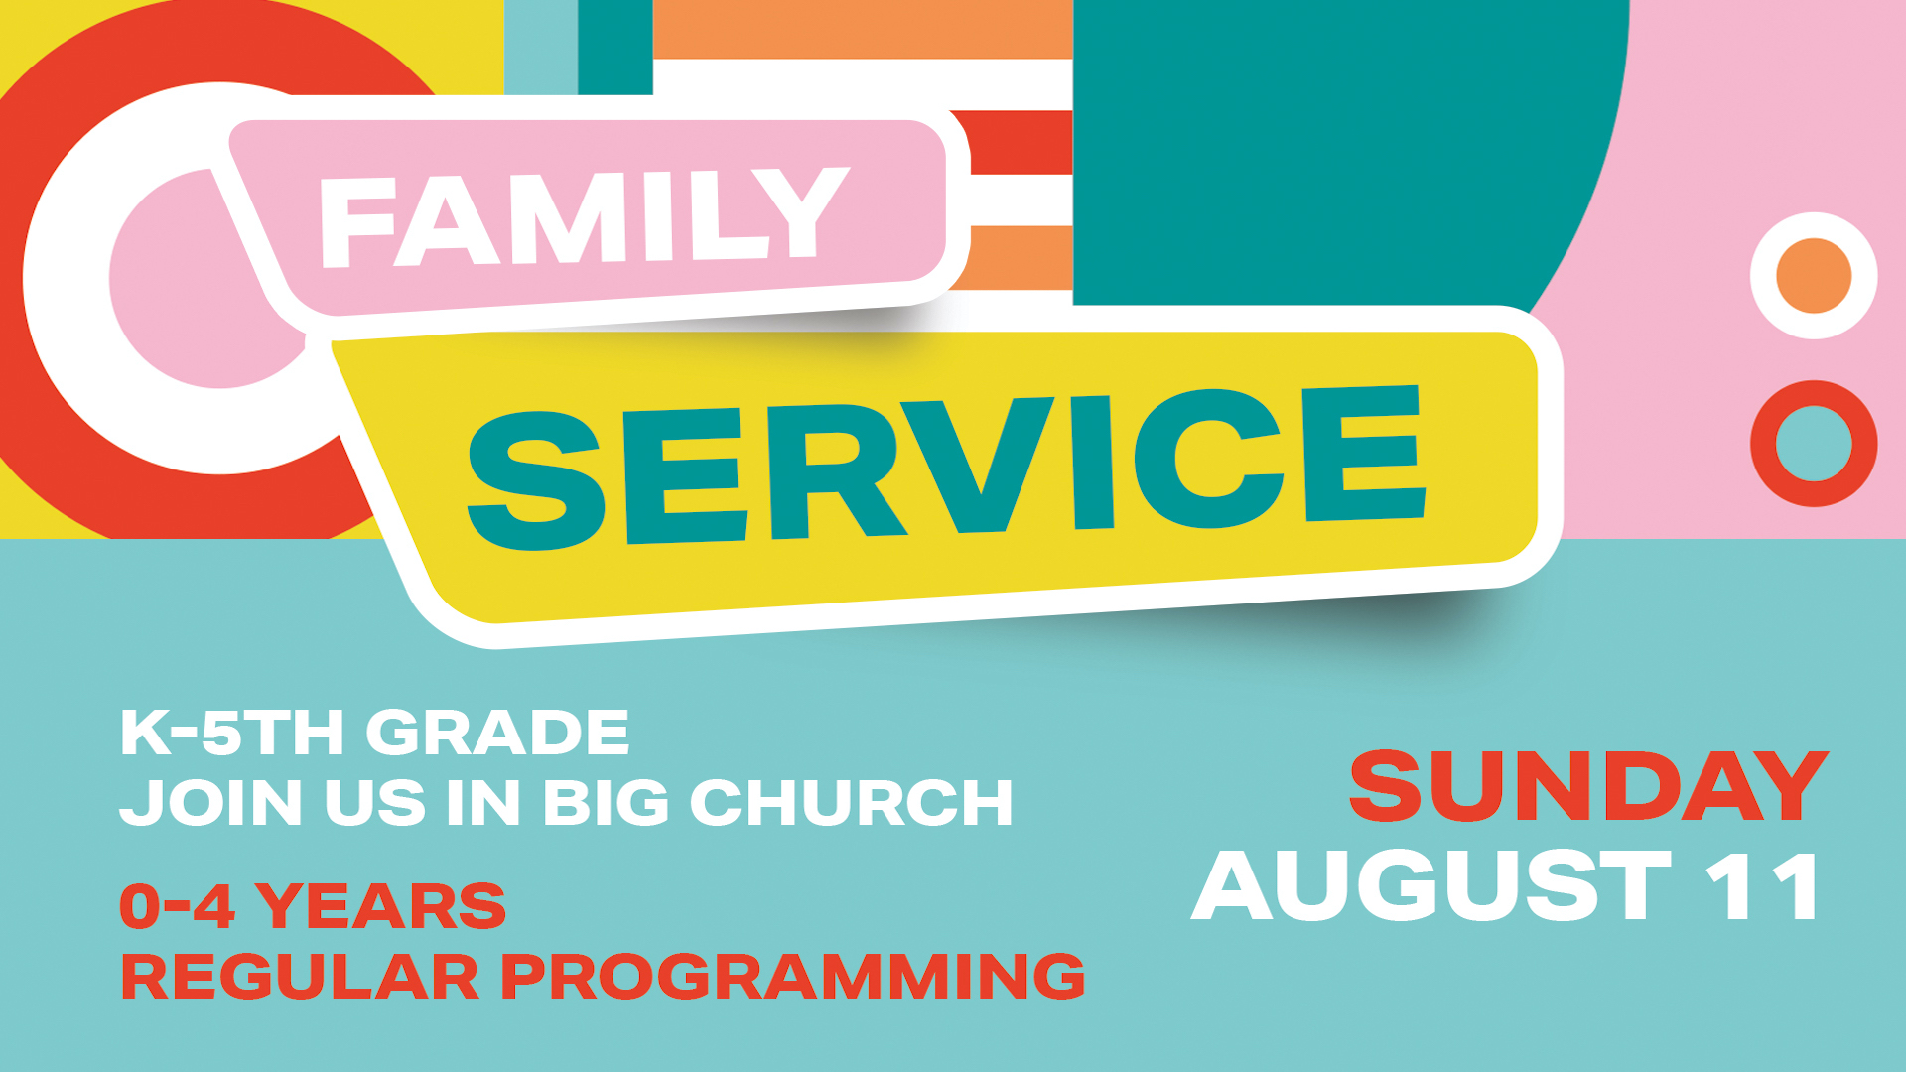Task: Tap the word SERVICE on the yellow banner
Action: point(946,467)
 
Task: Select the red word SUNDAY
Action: point(1588,786)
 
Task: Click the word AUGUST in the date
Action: point(1432,885)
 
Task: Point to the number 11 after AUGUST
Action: point(1763,885)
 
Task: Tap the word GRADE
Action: point(497,733)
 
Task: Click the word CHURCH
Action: point(851,802)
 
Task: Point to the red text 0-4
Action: point(177,905)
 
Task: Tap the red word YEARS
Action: point(380,905)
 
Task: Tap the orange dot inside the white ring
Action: point(1814,275)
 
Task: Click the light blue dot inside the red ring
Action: point(1814,444)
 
